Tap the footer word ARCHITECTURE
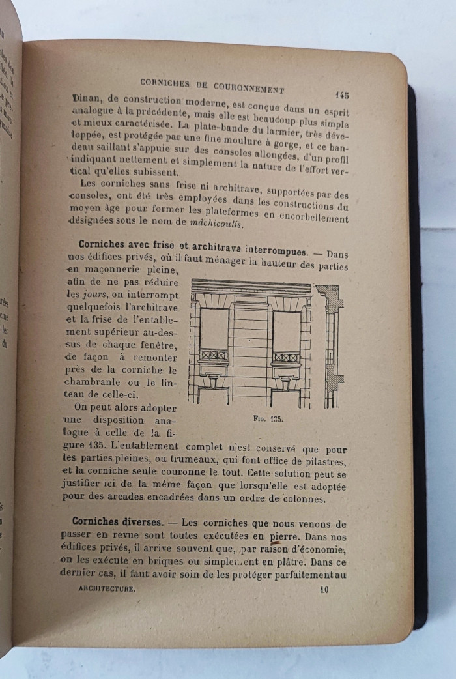(106, 588)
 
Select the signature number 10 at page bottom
(323, 590)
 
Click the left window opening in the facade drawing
(214, 330)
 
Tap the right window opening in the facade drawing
(286, 332)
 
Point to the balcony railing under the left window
(214, 356)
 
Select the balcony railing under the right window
(286, 358)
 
